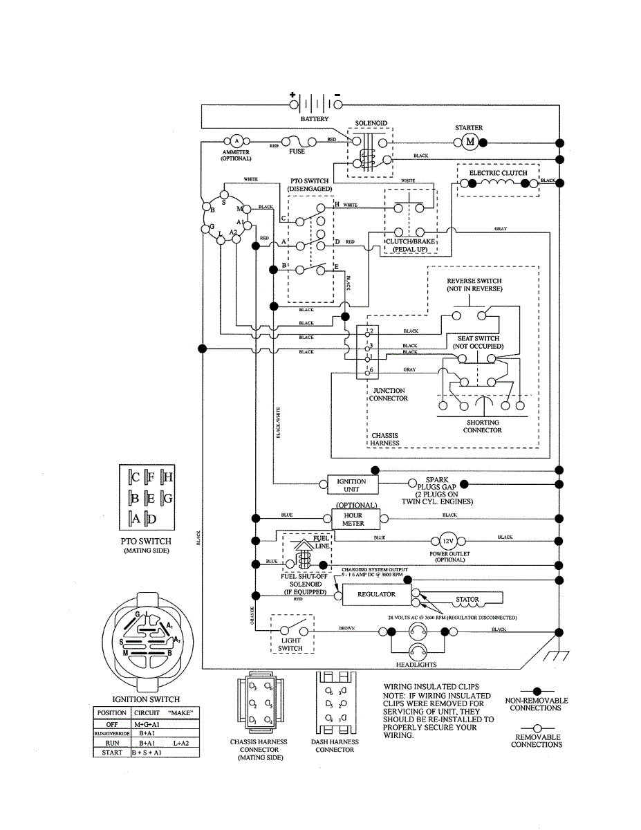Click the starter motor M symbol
pyautogui.click(x=470, y=142)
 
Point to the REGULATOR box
pyautogui.click(x=376, y=594)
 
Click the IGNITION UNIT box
pyautogui.click(x=351, y=485)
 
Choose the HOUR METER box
pyautogui.click(x=353, y=519)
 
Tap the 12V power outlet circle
pyautogui.click(x=441, y=541)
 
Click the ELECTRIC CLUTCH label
pyautogui.click(x=498, y=172)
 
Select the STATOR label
pyautogui.click(x=467, y=600)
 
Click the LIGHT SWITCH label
pyautogui.click(x=290, y=644)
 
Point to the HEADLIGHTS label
pyautogui.click(x=416, y=665)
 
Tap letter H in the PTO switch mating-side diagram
pyautogui.click(x=168, y=477)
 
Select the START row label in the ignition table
pyautogui.click(x=111, y=753)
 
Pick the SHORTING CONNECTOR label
pyautogui.click(x=483, y=426)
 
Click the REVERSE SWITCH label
pyautogui.click(x=474, y=284)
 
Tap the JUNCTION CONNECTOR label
pyautogui.click(x=389, y=394)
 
